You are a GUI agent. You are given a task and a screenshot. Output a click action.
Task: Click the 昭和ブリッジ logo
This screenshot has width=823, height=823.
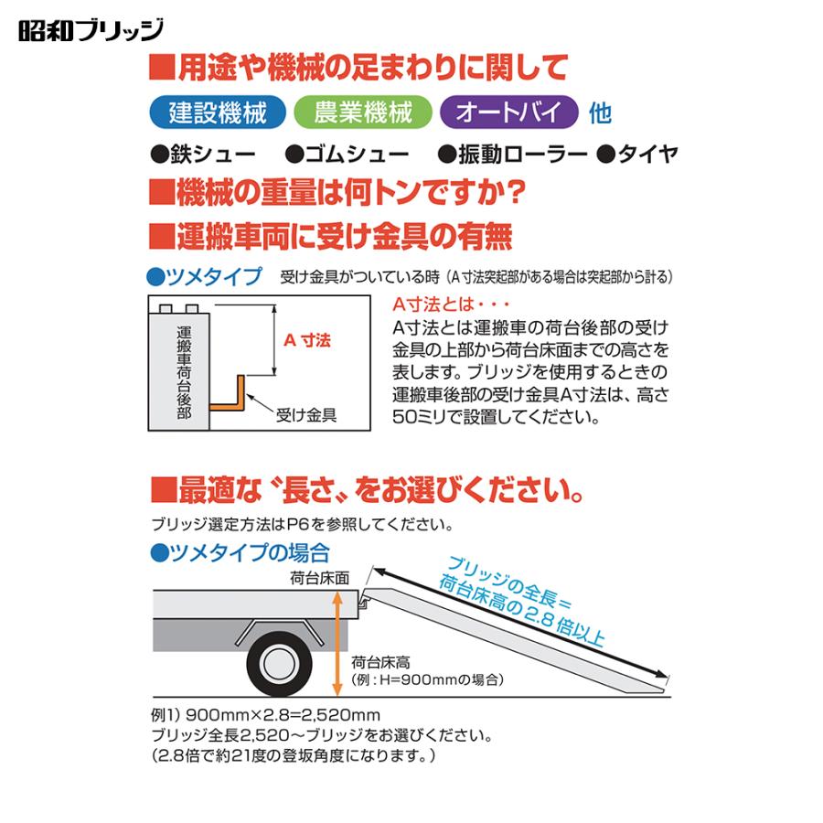(x=91, y=29)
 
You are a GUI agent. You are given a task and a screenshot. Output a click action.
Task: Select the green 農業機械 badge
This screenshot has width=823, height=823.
(x=362, y=112)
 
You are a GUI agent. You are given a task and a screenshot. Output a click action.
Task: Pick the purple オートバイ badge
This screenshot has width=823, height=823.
(x=508, y=112)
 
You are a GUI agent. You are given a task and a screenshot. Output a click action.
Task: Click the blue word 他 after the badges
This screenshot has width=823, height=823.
(x=600, y=113)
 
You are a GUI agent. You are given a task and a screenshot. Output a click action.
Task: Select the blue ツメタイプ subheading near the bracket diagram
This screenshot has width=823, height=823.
(x=204, y=276)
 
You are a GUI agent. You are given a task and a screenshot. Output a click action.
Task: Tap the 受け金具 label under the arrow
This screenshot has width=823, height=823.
(x=306, y=414)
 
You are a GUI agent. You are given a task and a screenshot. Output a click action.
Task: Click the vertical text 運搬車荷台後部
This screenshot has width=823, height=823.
(x=184, y=371)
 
